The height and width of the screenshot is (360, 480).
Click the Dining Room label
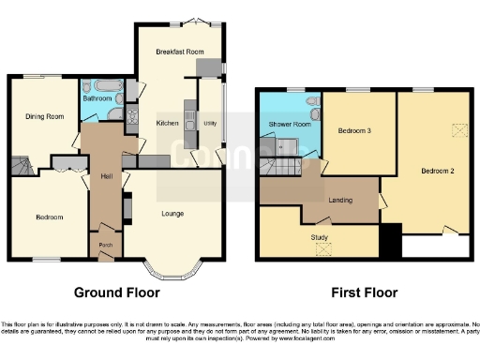pyautogui.click(x=44, y=116)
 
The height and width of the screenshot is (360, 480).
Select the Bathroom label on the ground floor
pyautogui.click(x=97, y=97)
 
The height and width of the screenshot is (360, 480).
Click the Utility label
pyautogui.click(x=209, y=123)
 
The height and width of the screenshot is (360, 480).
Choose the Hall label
pyautogui.click(x=106, y=175)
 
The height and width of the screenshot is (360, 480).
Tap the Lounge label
pyautogui.click(x=172, y=214)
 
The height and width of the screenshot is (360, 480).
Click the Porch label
pyautogui.click(x=106, y=246)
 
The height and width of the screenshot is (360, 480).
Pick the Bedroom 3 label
pyautogui.click(x=356, y=131)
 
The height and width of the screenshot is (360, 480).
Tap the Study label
pyautogui.click(x=319, y=237)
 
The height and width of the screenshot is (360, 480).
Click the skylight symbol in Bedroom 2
pyautogui.click(x=459, y=130)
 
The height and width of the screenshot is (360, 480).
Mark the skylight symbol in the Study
pyautogui.click(x=324, y=249)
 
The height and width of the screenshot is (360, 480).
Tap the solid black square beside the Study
pyautogui.click(x=391, y=242)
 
